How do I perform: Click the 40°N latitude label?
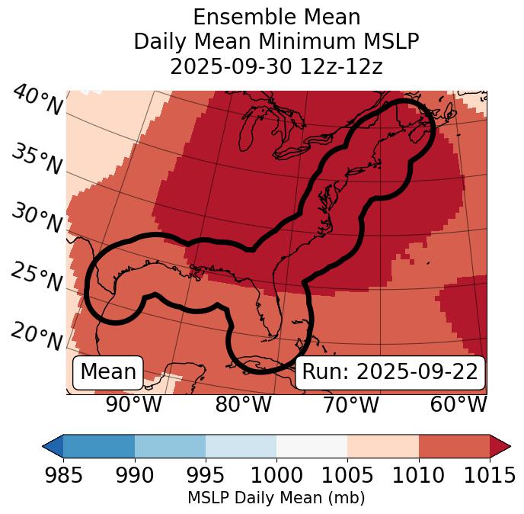pos(37,101)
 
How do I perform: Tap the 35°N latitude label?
pos(37,159)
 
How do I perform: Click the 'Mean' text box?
pos(108,372)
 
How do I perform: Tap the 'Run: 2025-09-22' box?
pos(390,372)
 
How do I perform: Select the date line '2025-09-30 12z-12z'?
pos(276,66)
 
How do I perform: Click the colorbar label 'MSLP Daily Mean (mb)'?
pos(276,498)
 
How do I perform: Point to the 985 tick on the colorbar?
pos(63,475)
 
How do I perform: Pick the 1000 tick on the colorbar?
pos(276,475)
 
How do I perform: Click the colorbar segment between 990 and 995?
pos(170,445)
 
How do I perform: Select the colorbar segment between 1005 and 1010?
pos(383,445)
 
